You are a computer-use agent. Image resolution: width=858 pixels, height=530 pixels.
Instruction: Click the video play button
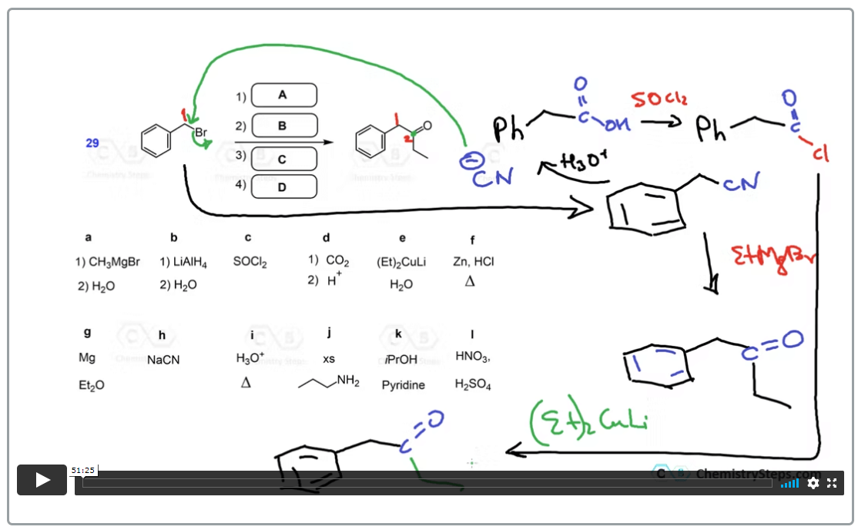(42, 480)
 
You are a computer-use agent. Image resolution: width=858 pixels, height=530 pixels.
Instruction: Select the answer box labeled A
(283, 95)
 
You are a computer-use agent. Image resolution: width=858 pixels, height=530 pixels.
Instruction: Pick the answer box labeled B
(283, 126)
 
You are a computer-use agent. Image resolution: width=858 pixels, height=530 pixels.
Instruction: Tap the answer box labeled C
(283, 158)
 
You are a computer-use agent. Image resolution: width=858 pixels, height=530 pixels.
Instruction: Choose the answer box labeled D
(283, 186)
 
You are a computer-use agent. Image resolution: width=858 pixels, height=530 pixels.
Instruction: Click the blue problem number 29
(92, 143)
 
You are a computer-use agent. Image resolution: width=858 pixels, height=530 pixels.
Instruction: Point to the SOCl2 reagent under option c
(250, 262)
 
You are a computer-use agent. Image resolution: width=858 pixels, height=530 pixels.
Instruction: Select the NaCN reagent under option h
(163, 360)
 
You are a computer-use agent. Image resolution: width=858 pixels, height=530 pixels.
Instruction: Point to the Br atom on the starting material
(200, 132)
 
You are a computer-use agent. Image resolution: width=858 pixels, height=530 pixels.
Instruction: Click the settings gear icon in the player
(813, 483)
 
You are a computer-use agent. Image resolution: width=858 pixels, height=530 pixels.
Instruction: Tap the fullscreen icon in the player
(832, 483)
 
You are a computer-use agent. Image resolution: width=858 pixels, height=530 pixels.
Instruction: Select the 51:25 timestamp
(82, 470)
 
